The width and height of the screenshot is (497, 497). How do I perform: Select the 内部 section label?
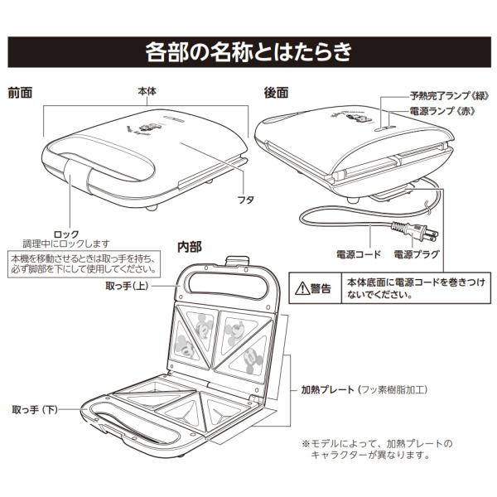[x=189, y=246]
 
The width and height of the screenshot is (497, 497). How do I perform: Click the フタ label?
[x=244, y=200]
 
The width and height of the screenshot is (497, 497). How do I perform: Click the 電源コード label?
[x=356, y=253]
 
